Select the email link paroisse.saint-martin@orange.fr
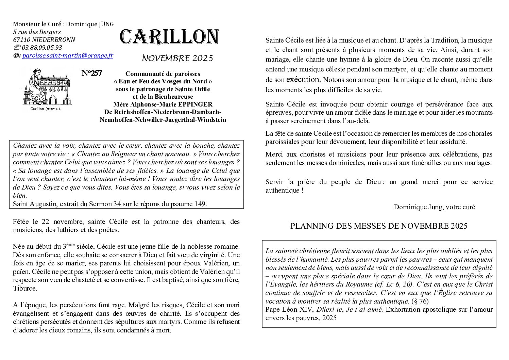(68, 55)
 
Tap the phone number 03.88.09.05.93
(42, 48)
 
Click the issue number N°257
(92, 73)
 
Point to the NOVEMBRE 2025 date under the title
(177, 58)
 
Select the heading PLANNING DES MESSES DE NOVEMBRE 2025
(379, 226)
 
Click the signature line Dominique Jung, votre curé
(434, 207)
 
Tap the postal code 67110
(20, 40)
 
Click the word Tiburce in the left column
(24, 289)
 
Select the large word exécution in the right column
(303, 80)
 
